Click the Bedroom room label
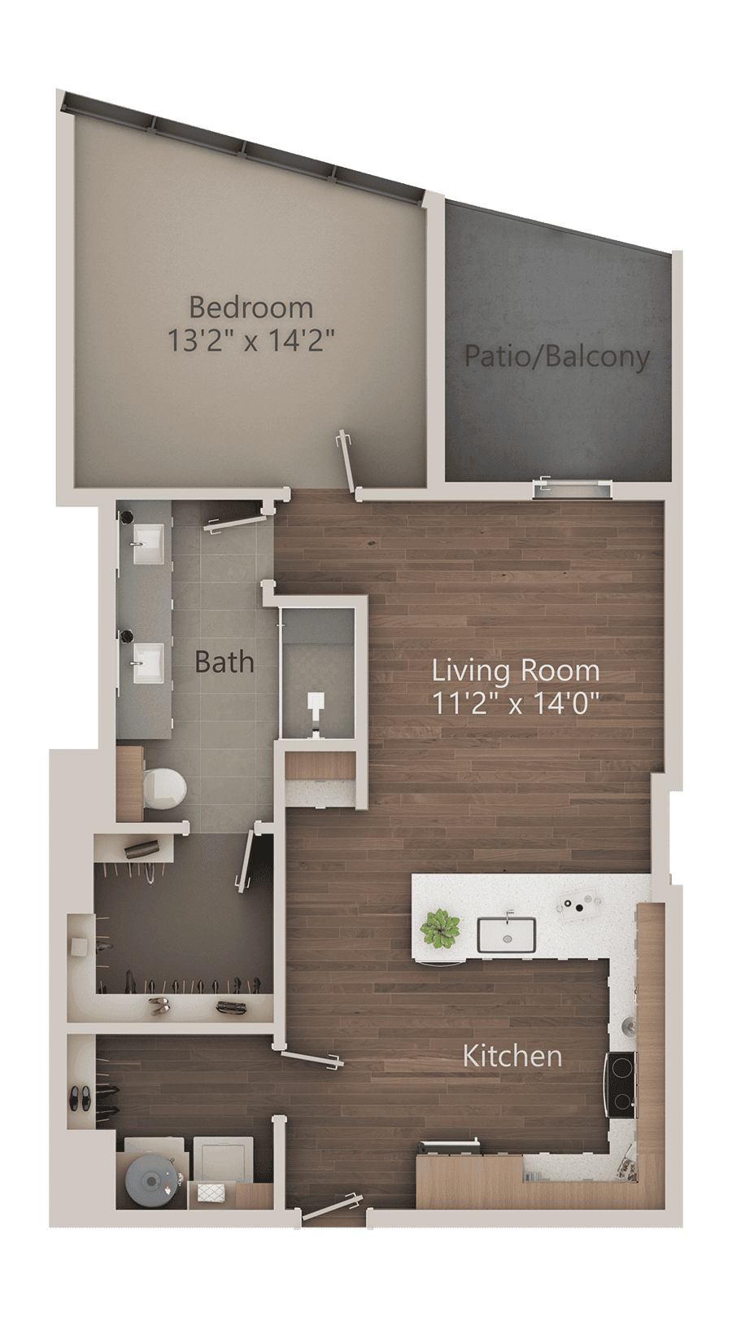pos(251,308)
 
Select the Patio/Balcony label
pos(557,357)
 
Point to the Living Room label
pos(516,671)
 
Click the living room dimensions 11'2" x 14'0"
pos(516,703)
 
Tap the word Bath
pos(224,662)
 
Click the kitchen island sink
pos(506,935)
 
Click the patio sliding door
pos(570,488)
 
